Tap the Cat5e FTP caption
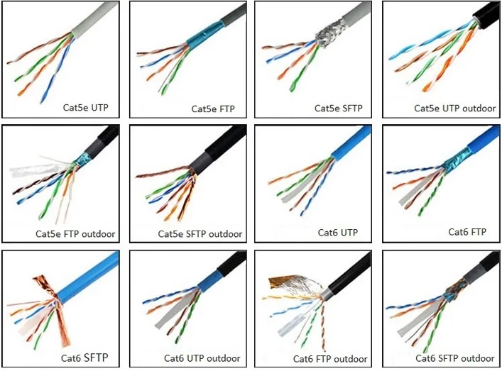[214, 109]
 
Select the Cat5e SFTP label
[338, 109]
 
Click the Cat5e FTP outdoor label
[75, 233]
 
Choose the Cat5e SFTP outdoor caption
[200, 233]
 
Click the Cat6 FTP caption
[467, 232]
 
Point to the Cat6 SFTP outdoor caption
[453, 358]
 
